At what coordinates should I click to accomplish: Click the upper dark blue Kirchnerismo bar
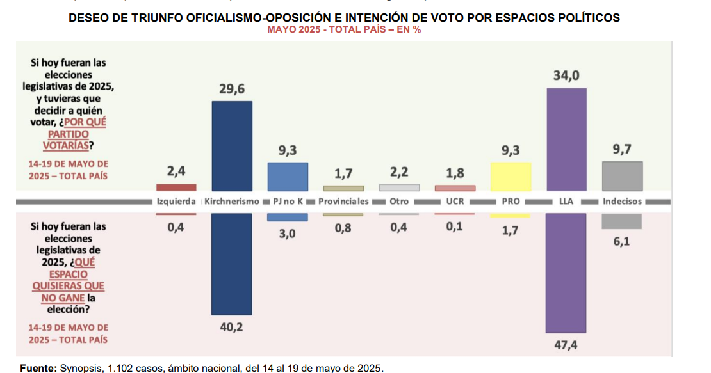point(232,146)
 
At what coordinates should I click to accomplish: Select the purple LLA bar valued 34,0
point(566,139)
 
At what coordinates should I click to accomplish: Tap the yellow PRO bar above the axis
point(511,177)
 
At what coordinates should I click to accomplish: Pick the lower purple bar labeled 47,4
point(566,273)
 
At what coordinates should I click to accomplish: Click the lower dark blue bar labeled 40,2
point(232,264)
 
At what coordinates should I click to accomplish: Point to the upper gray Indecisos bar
point(622,176)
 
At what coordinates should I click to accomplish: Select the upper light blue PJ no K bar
point(288,177)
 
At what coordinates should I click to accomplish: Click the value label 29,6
point(232,90)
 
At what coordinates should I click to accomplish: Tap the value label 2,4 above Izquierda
point(176,171)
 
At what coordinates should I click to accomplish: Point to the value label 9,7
point(622,150)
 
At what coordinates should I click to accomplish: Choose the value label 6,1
point(622,242)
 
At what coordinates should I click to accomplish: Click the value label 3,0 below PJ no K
point(288,234)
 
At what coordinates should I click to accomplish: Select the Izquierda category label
point(176,202)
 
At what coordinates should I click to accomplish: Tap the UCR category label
point(455,202)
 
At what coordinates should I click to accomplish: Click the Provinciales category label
point(343,202)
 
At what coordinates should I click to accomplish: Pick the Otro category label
point(399,202)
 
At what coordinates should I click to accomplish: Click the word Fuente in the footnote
point(38,368)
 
